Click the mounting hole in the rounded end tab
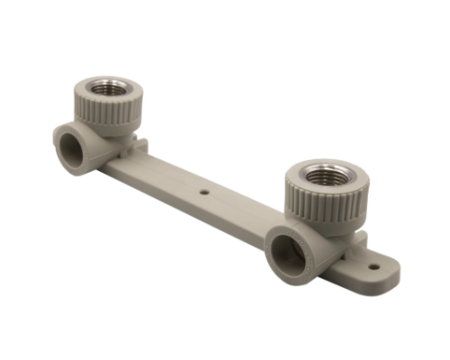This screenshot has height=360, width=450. [x=373, y=265]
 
